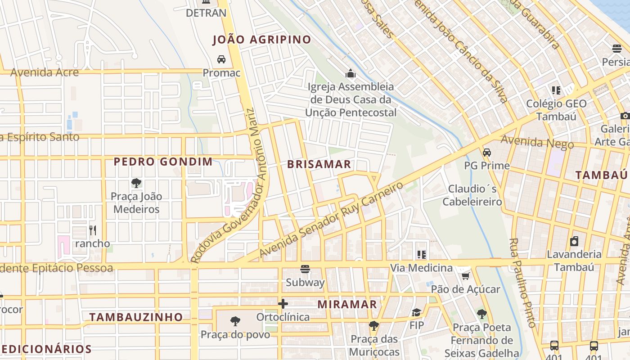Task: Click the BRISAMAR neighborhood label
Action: click(x=319, y=164)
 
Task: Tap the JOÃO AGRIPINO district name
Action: click(x=262, y=40)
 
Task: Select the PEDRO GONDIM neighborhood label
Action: click(x=163, y=162)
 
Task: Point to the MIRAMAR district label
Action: click(x=347, y=305)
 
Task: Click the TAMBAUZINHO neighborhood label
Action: click(x=136, y=317)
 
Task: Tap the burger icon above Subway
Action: click(x=305, y=270)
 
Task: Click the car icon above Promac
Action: click(x=221, y=59)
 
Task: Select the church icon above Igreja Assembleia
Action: click(x=350, y=73)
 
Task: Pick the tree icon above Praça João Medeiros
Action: click(x=136, y=183)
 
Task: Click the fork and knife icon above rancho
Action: click(x=93, y=230)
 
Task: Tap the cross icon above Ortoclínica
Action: click(x=283, y=304)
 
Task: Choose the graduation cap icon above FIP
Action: click(x=417, y=312)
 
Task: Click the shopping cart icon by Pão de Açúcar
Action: click(x=465, y=276)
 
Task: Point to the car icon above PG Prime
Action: click(x=486, y=153)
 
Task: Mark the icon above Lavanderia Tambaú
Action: click(x=574, y=241)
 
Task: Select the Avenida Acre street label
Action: click(x=45, y=72)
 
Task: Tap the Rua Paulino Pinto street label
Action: click(x=522, y=283)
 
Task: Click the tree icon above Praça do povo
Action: click(x=235, y=321)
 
